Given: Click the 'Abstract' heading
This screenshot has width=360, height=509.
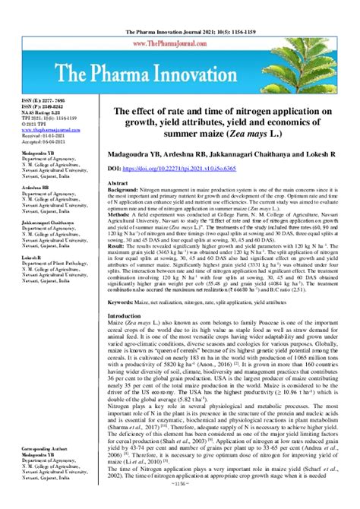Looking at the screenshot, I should (x=120, y=183).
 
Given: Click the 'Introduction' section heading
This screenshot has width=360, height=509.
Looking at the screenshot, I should (x=130, y=337).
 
